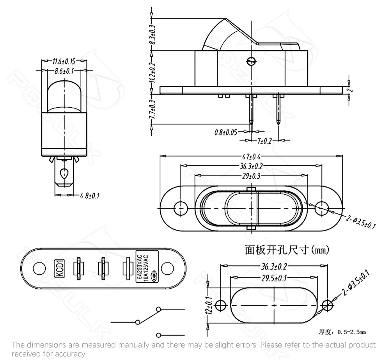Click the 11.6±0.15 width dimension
tap(64, 61)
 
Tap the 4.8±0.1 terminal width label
tap(89, 195)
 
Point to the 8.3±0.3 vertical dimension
tap(152, 34)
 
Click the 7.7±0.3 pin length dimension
tap(152, 110)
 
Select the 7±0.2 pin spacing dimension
tap(264, 141)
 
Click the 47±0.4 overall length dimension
tap(251, 156)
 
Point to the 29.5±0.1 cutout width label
tap(273, 278)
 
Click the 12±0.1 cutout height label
tap(209, 305)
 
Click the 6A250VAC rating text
tap(139, 267)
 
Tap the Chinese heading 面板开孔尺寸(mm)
tap(288, 250)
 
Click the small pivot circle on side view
tap(251, 61)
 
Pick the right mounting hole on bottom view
tap(167, 268)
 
